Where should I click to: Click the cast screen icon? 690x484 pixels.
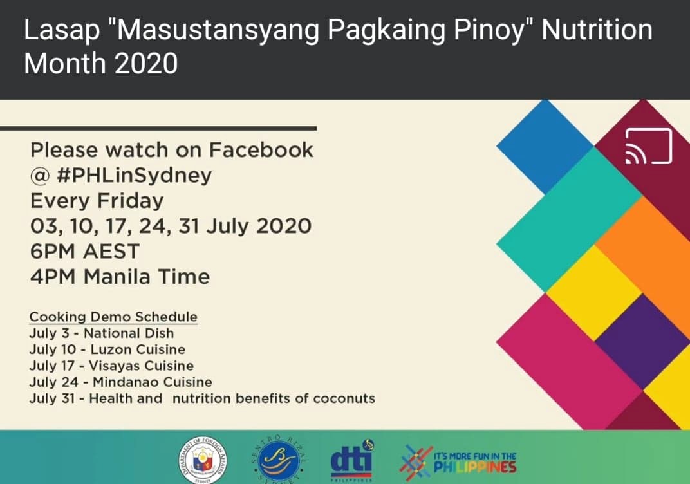click(649, 146)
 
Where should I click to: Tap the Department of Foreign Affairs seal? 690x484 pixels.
click(203, 461)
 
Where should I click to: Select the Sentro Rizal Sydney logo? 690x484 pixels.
click(279, 460)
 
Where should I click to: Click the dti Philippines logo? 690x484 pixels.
click(351, 460)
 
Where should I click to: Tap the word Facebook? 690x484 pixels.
click(261, 150)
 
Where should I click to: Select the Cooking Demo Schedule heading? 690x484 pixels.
click(113, 317)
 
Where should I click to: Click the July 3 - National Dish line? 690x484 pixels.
click(102, 333)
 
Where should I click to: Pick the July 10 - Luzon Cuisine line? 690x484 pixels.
click(107, 349)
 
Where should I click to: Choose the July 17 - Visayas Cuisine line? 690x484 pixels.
click(111, 366)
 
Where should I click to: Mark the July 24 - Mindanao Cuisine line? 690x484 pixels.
click(120, 382)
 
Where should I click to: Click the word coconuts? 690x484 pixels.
click(344, 398)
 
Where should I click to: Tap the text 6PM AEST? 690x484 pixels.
click(85, 251)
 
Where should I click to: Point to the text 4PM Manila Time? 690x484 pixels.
click(120, 277)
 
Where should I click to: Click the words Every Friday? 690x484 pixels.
click(97, 201)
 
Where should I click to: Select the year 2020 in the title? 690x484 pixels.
click(146, 63)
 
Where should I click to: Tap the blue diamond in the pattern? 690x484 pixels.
click(545, 146)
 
